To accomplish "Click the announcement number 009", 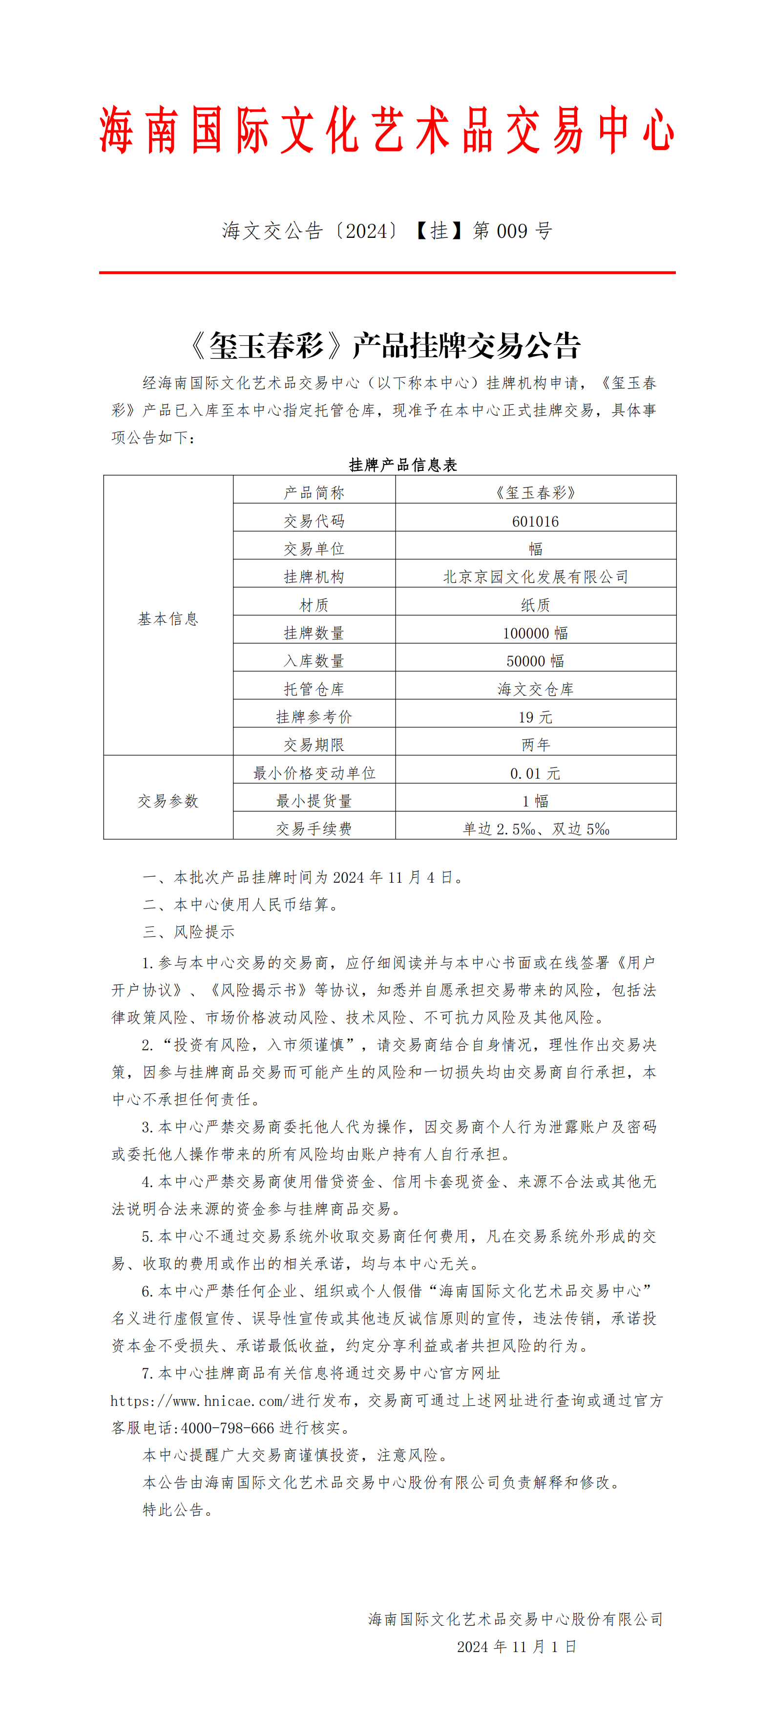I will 512,231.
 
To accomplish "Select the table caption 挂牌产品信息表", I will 403,465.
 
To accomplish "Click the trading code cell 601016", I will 535,521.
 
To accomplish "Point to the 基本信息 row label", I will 168,618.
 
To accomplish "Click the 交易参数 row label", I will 168,801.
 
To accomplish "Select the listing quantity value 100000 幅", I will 535,633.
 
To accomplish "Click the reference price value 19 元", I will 535,717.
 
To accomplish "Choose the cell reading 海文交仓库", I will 535,689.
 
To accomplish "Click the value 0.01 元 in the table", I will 535,773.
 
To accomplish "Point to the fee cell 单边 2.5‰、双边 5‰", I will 535,828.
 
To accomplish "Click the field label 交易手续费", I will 314,828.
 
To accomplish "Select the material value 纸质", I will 535,605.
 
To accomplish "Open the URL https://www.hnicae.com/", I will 199,1400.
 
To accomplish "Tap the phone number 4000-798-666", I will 227,1428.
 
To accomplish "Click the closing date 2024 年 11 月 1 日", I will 517,1646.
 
